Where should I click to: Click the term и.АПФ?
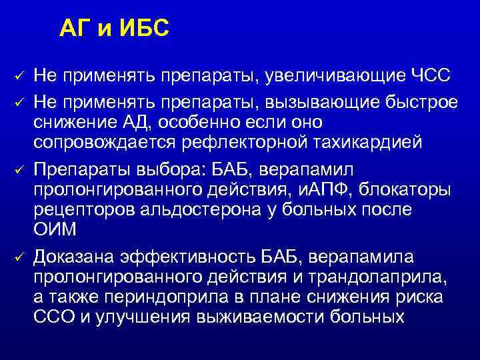(x=319, y=189)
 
